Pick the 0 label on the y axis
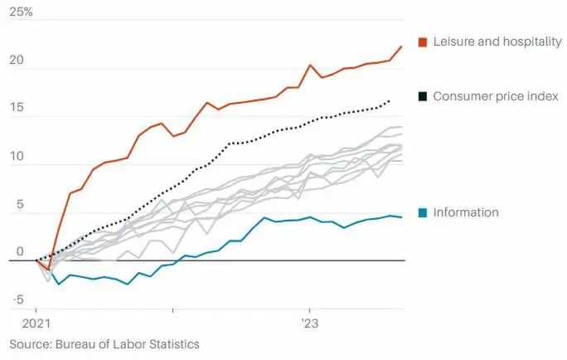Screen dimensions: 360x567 pyautogui.click(x=20, y=252)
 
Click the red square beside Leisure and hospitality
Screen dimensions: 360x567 pyautogui.click(x=422, y=41)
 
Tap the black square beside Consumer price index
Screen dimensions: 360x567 pyautogui.click(x=422, y=97)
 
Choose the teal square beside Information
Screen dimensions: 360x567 pyautogui.click(x=422, y=212)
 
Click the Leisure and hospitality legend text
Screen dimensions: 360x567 pyautogui.click(x=497, y=41)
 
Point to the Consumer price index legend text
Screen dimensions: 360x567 pyautogui.click(x=495, y=97)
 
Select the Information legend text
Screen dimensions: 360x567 pyautogui.click(x=466, y=212)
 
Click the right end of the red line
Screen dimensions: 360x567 pyautogui.click(x=401, y=46)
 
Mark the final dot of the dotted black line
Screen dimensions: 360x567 pyautogui.click(x=390, y=101)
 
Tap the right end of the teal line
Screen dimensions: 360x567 pyautogui.click(x=402, y=217)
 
